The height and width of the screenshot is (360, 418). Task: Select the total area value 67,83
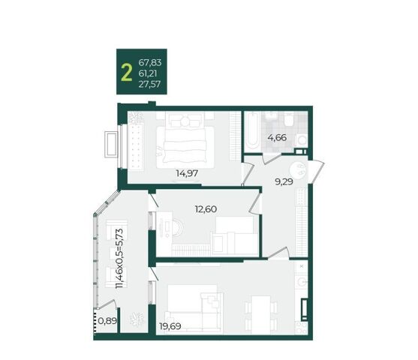(150, 63)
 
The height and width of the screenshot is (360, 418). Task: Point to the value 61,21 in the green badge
(148, 73)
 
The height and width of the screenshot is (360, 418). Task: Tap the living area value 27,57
(149, 84)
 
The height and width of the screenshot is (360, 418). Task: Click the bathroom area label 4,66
(277, 138)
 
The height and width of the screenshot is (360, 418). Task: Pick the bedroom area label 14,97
(187, 173)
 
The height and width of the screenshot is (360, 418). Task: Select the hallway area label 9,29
(284, 181)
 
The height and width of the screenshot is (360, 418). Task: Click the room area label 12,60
(206, 209)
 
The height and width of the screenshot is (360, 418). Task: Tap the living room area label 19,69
(170, 326)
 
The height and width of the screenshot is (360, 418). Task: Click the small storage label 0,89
(107, 320)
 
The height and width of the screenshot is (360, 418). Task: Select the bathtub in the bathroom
(251, 130)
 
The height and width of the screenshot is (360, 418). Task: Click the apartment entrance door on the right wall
(316, 172)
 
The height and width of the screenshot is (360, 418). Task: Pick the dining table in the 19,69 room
(261, 315)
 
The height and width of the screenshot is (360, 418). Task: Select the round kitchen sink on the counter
(302, 282)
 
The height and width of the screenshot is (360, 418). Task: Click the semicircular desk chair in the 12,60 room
(178, 228)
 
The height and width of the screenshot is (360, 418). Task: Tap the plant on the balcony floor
(137, 319)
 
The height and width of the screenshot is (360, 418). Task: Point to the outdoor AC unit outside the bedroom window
(111, 145)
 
